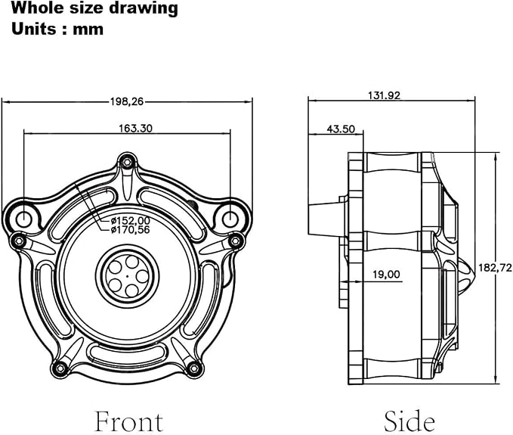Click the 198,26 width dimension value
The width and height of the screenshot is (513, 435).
click(127, 101)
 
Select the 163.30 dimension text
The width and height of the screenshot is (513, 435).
click(135, 128)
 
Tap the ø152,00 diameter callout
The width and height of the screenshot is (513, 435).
click(130, 221)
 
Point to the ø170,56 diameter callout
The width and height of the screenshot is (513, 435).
click(130, 230)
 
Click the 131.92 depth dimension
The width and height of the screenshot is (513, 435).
click(384, 95)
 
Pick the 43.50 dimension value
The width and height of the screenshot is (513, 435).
click(341, 129)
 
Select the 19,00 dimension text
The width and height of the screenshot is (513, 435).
click(386, 274)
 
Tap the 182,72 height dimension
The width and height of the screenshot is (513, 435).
click(495, 268)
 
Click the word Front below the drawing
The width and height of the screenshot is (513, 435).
click(129, 421)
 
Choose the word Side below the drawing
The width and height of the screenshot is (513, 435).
click(409, 421)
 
